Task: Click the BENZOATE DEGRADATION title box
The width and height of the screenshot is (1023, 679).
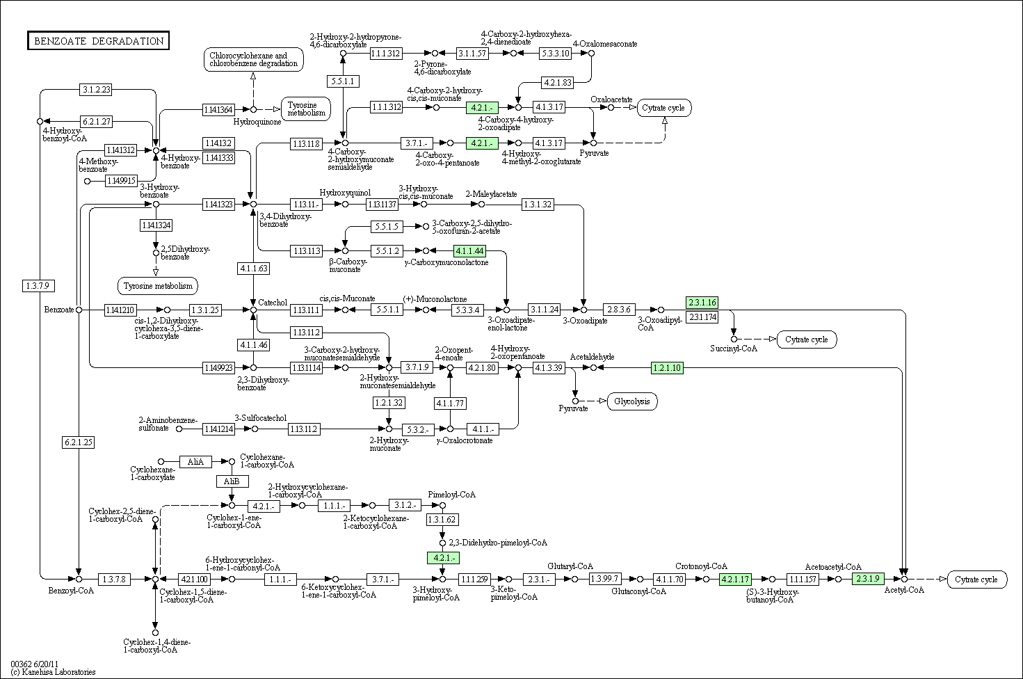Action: coord(98,41)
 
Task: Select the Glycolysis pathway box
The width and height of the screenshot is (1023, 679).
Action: coord(632,401)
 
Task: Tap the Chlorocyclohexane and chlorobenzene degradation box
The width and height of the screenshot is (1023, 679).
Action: coord(253,59)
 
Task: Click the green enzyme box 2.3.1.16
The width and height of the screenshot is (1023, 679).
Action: coord(701,302)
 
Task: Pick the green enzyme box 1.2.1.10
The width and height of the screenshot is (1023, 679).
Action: coord(667,367)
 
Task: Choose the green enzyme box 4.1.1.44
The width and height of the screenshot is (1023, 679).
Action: coord(469,250)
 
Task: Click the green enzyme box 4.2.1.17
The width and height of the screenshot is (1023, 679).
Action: coord(735,579)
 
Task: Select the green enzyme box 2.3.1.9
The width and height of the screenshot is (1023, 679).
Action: coord(868,579)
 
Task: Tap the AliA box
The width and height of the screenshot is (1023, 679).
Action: coord(195,461)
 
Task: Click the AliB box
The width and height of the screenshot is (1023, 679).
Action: coord(232,481)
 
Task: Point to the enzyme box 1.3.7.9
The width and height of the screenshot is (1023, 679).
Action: coord(39,285)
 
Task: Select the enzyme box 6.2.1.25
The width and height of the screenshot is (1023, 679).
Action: coord(78,442)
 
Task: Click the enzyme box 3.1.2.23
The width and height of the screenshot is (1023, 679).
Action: coord(97,89)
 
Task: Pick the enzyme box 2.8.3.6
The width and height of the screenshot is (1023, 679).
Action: coord(619,310)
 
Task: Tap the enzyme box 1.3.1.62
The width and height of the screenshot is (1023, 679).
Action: coord(442,520)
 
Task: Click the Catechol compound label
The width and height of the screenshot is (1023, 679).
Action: coord(273,303)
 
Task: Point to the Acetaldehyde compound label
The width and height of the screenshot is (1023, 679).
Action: coord(592,357)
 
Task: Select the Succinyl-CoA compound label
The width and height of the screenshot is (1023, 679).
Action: coord(734,349)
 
